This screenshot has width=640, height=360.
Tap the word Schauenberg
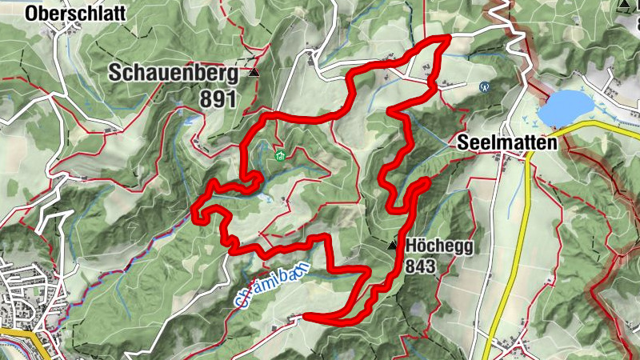[x=174, y=74]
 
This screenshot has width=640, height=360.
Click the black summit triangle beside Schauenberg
[x=254, y=72]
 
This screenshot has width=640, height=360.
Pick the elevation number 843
[x=421, y=266]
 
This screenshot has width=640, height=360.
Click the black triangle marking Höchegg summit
[x=392, y=246]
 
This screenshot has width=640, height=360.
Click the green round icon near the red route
[x=280, y=154]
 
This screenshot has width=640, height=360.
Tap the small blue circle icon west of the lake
[x=483, y=86]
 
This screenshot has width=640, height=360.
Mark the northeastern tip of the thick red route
[x=450, y=36]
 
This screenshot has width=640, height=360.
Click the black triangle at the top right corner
[x=624, y=5]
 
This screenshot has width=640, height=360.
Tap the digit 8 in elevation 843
[x=411, y=266]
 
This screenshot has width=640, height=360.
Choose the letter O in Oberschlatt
[x=31, y=13]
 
